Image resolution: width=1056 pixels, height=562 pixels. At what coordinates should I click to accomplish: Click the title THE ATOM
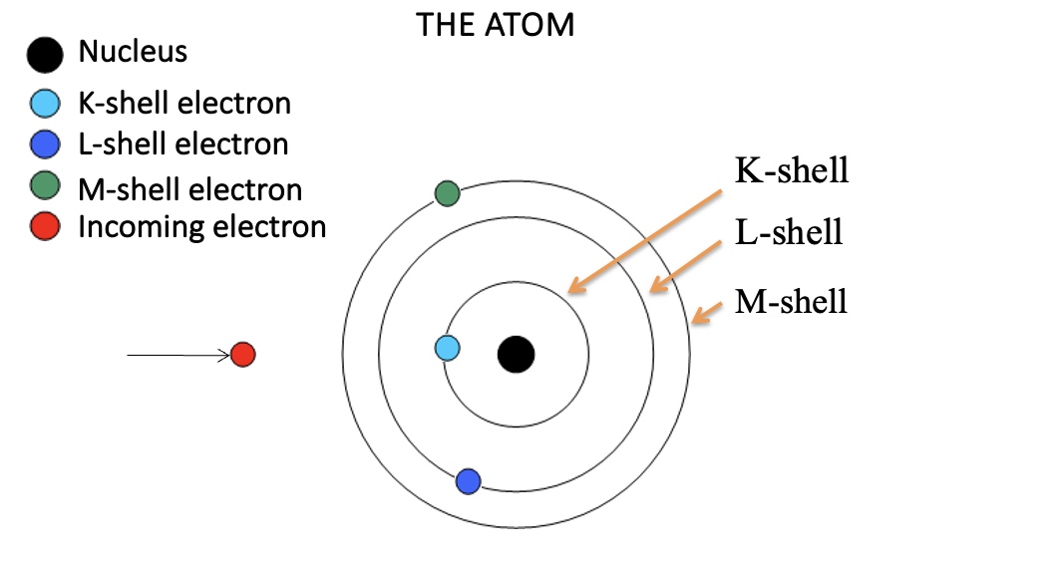coord(496,24)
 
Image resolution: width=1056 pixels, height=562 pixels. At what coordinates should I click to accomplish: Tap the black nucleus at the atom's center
coord(516,353)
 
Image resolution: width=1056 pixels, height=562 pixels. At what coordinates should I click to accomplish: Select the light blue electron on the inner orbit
coord(448,348)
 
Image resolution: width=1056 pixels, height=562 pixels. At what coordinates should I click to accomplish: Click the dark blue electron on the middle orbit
coord(469,482)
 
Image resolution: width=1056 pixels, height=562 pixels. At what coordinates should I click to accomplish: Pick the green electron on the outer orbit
coord(447,193)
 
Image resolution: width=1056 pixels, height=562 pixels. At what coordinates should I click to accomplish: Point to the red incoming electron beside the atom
coord(242,354)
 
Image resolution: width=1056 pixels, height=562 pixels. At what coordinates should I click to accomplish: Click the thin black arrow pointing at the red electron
coord(179,354)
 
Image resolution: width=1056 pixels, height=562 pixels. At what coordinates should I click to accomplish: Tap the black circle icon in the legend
coord(46,55)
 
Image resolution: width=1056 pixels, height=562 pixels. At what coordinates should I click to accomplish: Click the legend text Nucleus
coord(133,51)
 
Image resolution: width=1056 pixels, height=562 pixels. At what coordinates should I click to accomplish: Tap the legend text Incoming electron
coord(202,227)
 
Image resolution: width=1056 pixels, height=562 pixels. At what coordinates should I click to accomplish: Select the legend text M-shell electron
coord(189,188)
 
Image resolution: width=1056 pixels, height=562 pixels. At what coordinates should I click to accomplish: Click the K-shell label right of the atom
coord(792,170)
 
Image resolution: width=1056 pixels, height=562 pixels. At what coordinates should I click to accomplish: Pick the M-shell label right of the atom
coord(791,300)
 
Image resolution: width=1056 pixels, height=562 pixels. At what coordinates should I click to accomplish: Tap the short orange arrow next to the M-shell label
coord(708,311)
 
